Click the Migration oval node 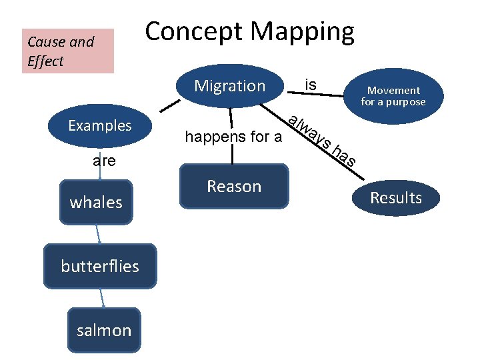click(x=229, y=86)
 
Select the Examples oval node click(x=100, y=125)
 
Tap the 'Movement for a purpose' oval click(x=393, y=96)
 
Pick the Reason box click(x=233, y=187)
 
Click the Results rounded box click(x=396, y=198)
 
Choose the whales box click(x=96, y=202)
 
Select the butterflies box click(x=100, y=266)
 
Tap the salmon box click(x=104, y=330)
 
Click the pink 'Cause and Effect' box click(x=68, y=51)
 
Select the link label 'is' click(x=310, y=85)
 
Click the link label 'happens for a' click(x=233, y=138)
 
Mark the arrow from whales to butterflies click(x=99, y=233)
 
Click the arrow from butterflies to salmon click(x=102, y=297)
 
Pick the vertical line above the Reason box click(x=233, y=155)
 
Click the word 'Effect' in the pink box click(x=46, y=61)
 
